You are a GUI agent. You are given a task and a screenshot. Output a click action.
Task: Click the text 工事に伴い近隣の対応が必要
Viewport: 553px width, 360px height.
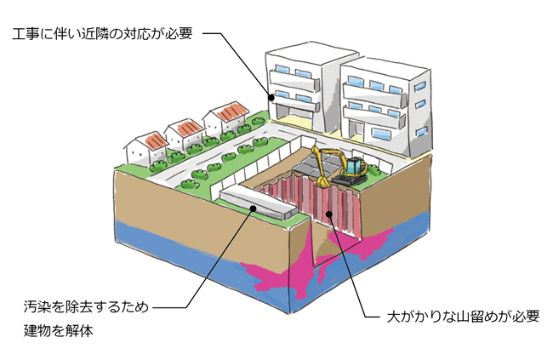pos(103,35)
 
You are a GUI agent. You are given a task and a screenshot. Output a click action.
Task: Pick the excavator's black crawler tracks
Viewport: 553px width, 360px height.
pos(351,181)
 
